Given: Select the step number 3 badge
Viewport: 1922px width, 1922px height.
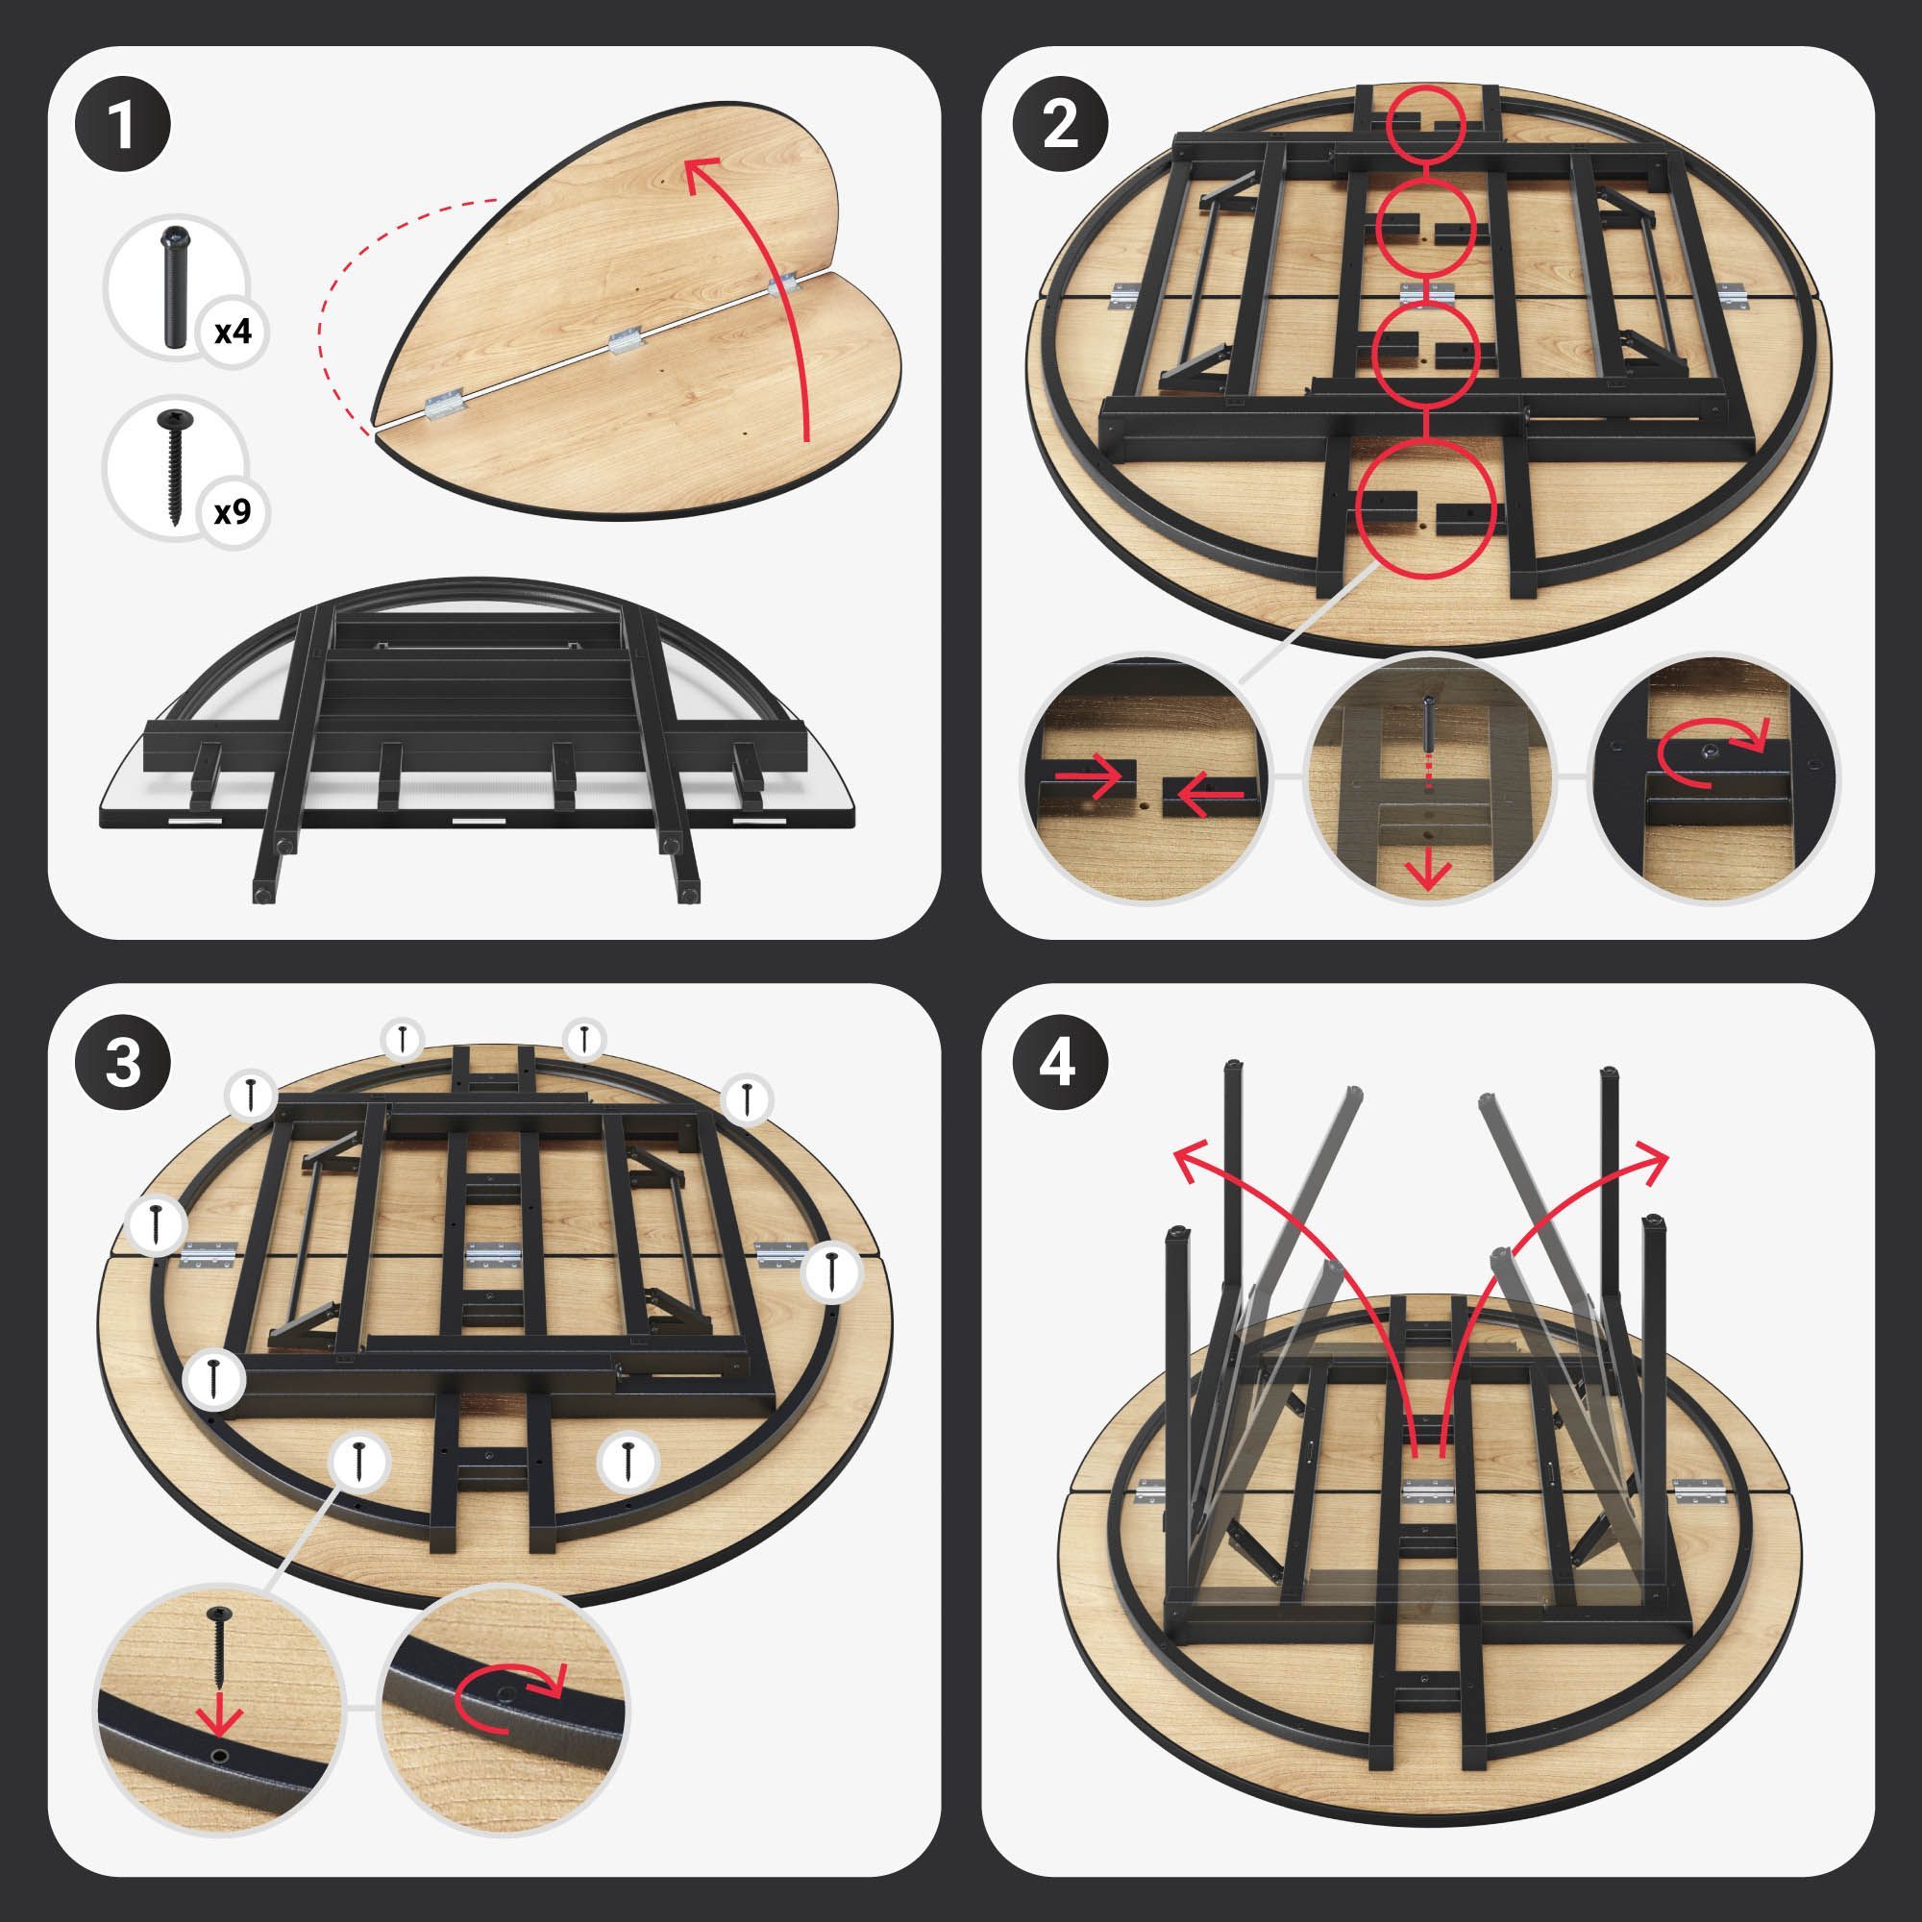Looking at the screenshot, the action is click(x=122, y=1063).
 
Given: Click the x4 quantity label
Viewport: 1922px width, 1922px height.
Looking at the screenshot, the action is click(x=233, y=332).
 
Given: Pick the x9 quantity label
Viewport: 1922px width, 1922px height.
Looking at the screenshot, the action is click(x=233, y=512).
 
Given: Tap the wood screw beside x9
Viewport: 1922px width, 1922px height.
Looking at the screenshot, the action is click(x=173, y=464).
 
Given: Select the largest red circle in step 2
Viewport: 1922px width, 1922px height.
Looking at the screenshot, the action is click(x=1424, y=509).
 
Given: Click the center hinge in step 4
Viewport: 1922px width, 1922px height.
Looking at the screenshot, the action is click(x=1429, y=1491).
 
